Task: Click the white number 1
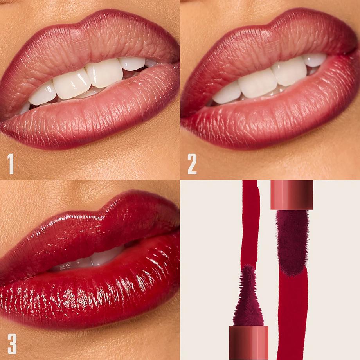click(11, 164)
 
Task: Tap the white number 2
click(192, 164)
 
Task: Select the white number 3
click(12, 344)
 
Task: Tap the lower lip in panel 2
click(274, 117)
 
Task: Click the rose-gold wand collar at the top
click(292, 194)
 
